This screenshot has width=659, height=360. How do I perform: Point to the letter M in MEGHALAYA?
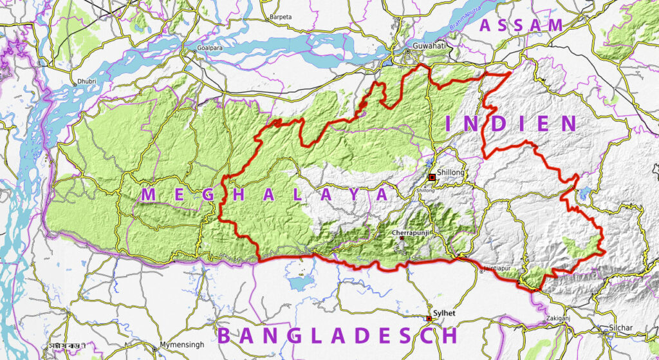coord(148,194)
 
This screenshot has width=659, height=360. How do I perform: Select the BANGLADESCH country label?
coord(337,336)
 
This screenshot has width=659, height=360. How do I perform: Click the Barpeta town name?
coord(280,17)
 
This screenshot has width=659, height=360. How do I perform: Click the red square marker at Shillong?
coord(432,176)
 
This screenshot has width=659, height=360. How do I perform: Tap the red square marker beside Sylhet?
coord(429,318)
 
